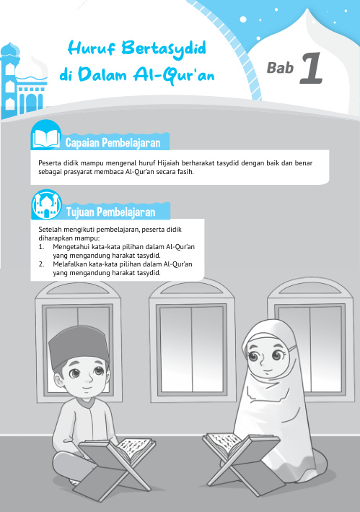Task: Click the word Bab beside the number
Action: (278, 69)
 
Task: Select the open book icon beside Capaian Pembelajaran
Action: (46, 136)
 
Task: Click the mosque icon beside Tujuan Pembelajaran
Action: (46, 207)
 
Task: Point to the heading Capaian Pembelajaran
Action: (115, 140)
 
